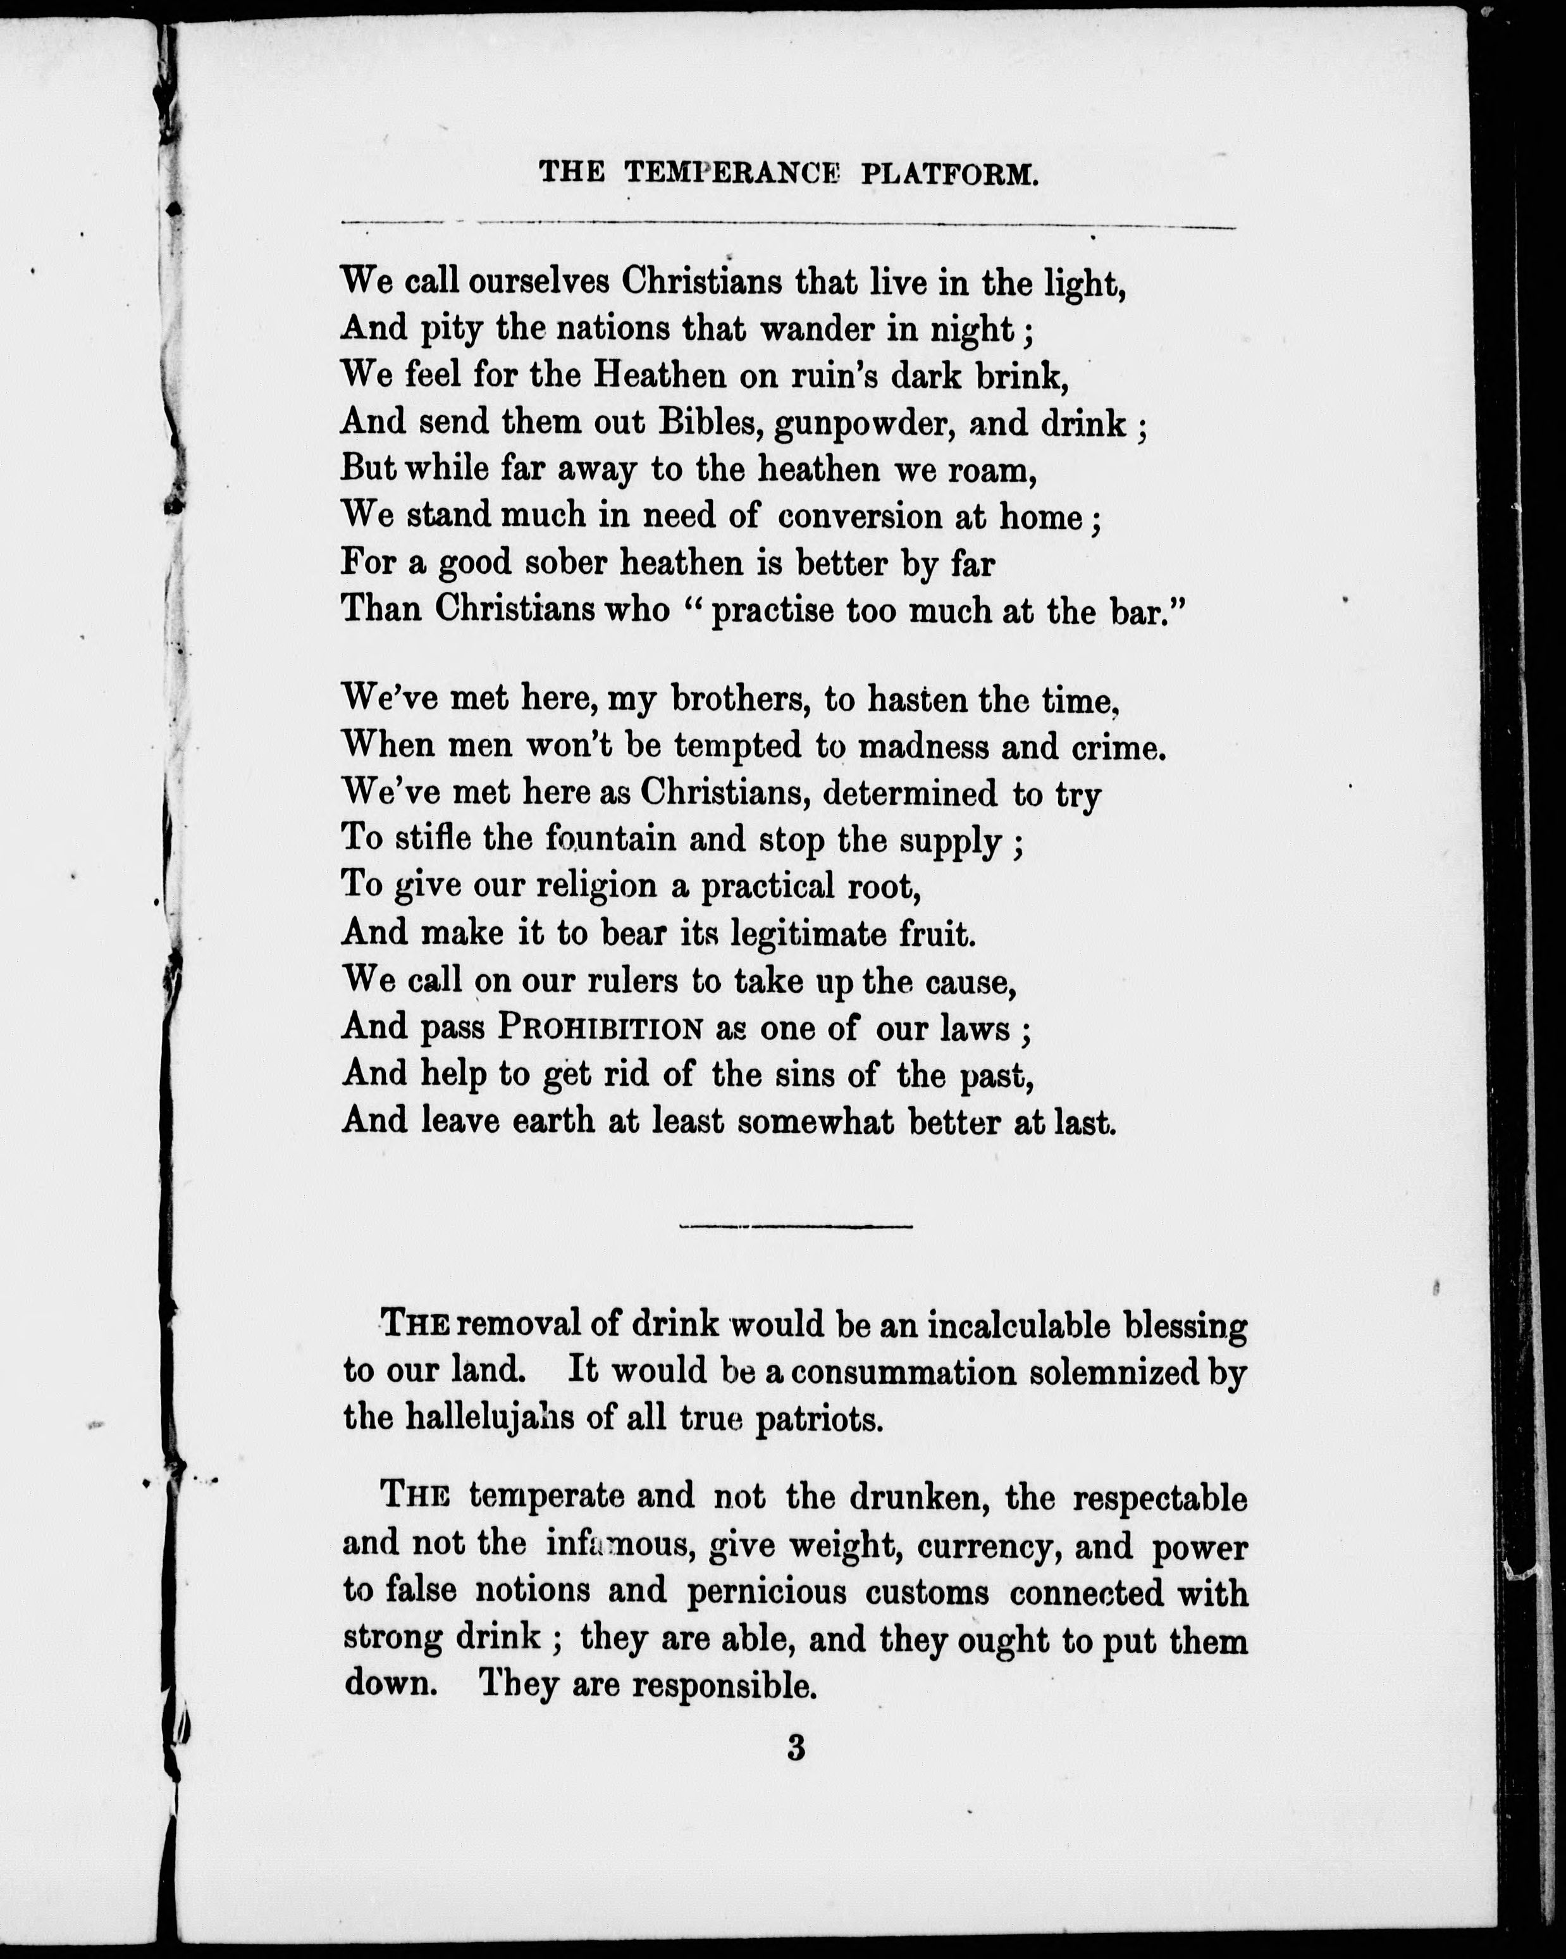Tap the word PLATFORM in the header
pos(948,173)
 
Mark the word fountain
pos(610,838)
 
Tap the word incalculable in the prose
pos(1018,1326)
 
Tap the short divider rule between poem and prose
pos(796,1227)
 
